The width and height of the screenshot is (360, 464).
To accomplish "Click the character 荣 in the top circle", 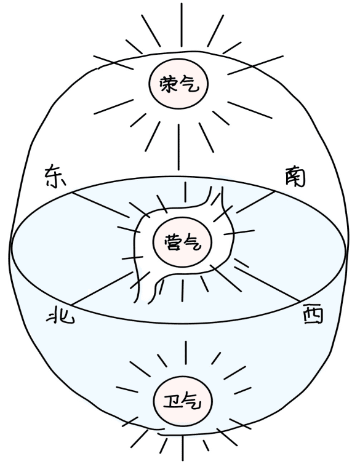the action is pyautogui.click(x=169, y=85).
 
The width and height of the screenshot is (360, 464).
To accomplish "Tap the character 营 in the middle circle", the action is pyautogui.click(x=173, y=243).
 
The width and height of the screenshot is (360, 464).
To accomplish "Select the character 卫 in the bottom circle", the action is pyautogui.click(x=173, y=402).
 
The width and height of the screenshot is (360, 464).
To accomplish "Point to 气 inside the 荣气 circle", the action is pyautogui.click(x=190, y=84).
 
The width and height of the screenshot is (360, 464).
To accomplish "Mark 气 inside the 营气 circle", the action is pyautogui.click(x=193, y=244).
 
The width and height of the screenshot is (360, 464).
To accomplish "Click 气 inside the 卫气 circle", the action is pyautogui.click(x=193, y=402).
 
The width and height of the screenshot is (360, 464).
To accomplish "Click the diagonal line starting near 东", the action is pyautogui.click(x=101, y=205).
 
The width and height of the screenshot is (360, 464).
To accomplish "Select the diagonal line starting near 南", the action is pyautogui.click(x=256, y=202).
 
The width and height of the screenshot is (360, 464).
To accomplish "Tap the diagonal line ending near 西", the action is pyautogui.click(x=268, y=284).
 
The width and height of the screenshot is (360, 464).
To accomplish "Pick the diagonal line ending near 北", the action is pyautogui.click(x=101, y=288).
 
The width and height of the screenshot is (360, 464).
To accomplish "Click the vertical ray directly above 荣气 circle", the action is pyautogui.click(x=182, y=25).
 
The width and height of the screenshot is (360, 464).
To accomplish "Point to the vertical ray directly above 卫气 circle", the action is pyautogui.click(x=186, y=353).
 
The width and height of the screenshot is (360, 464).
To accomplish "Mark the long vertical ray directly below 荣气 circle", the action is pyautogui.click(x=178, y=147).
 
